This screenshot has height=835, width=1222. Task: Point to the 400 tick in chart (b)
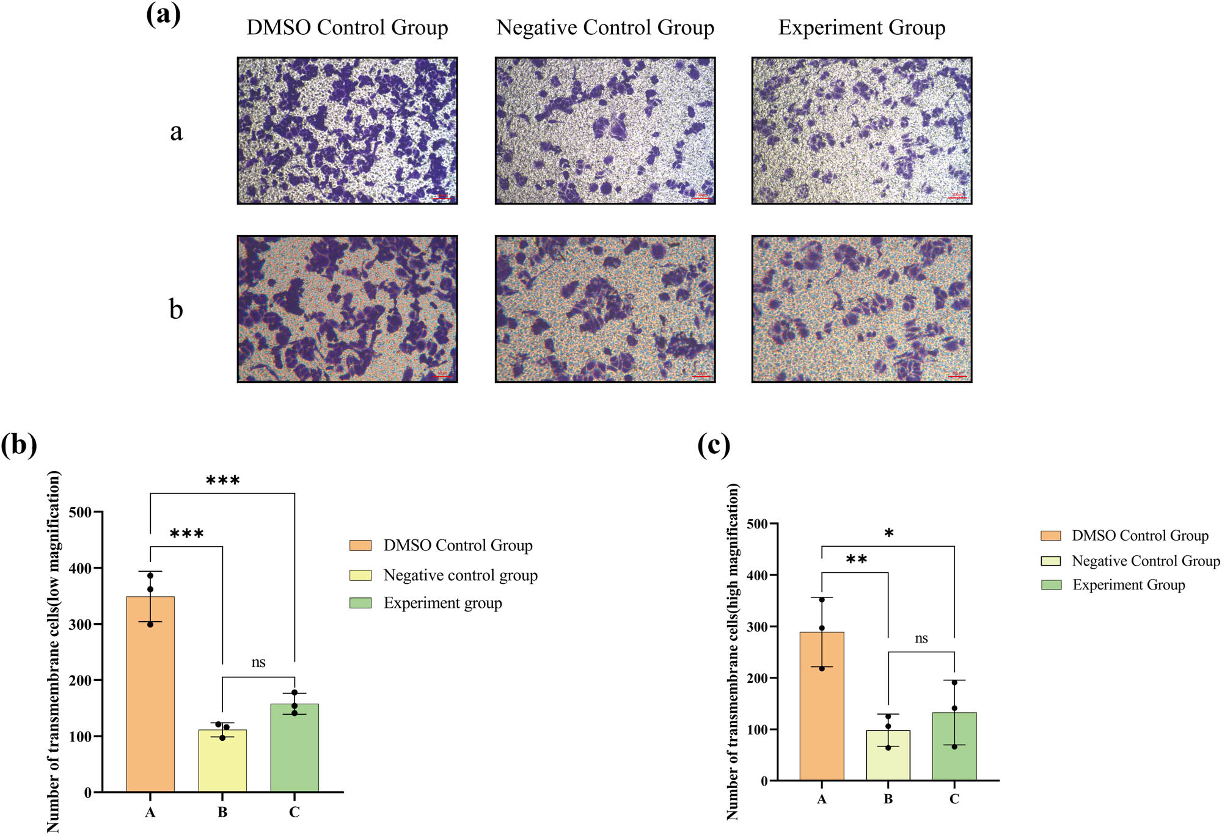[x=80, y=568]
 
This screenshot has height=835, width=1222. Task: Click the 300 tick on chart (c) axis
[x=756, y=627]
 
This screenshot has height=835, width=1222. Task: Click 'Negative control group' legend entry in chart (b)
[x=460, y=575]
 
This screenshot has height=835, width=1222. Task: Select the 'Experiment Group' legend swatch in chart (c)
[x=1051, y=585]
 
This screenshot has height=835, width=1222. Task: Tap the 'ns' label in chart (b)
[x=258, y=663]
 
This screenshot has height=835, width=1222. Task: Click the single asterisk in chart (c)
[x=889, y=534]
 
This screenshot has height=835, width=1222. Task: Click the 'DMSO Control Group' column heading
[x=347, y=27]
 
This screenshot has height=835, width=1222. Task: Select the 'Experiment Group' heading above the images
[x=862, y=27]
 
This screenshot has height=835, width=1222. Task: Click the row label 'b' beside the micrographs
[x=176, y=310]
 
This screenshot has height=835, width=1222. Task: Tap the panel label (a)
[x=163, y=13]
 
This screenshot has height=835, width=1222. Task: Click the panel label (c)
[x=714, y=445]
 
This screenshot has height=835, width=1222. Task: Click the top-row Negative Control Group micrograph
[x=605, y=131]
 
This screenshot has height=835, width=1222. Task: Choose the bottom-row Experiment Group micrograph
[x=862, y=309]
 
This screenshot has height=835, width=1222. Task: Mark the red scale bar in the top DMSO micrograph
[x=442, y=198]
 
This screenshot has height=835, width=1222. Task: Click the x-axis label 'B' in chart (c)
[x=888, y=799]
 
